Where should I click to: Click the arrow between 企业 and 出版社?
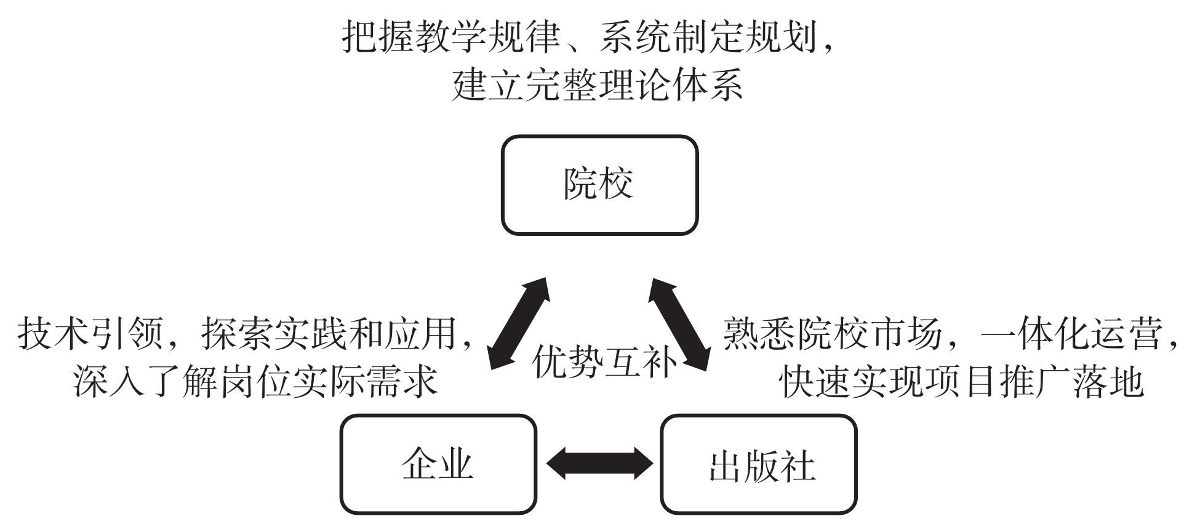click(599, 463)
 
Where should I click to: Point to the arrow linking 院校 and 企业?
click(519, 323)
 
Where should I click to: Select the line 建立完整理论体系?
click(597, 85)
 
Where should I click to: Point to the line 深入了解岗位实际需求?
click(255, 381)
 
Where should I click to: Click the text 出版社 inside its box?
click(762, 467)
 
